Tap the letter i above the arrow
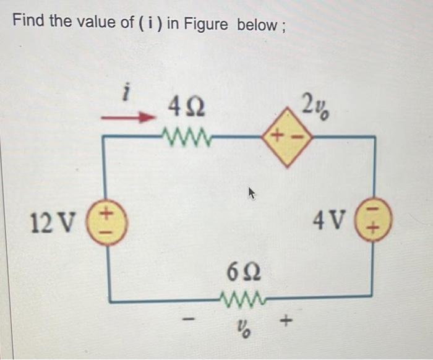(126, 94)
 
